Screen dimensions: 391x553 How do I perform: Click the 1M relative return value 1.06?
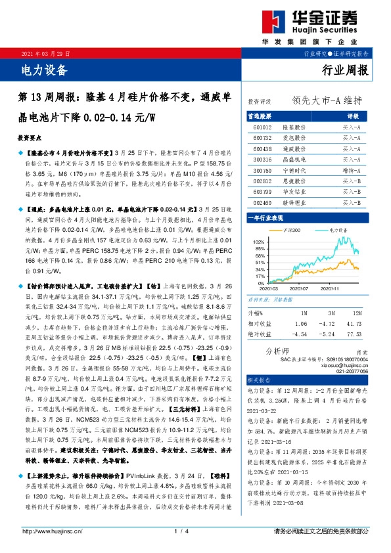click(x=301, y=324)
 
